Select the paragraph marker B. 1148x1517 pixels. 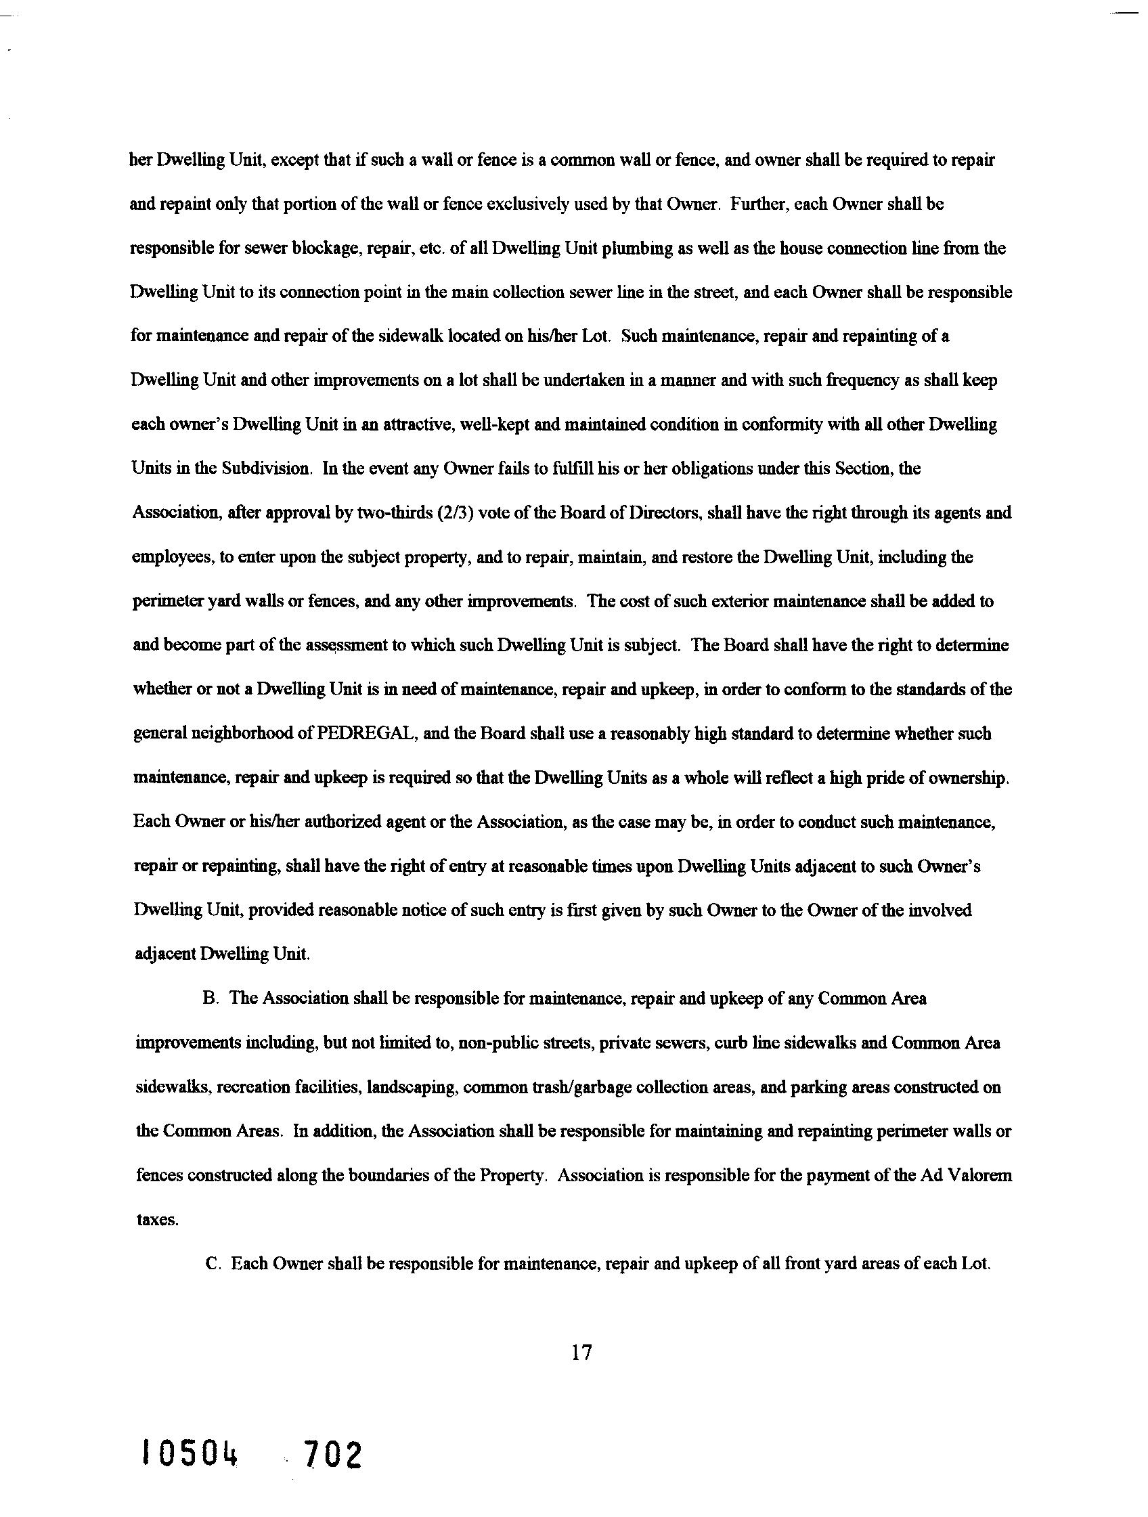[x=210, y=998]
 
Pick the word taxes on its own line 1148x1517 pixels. [x=157, y=1220]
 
